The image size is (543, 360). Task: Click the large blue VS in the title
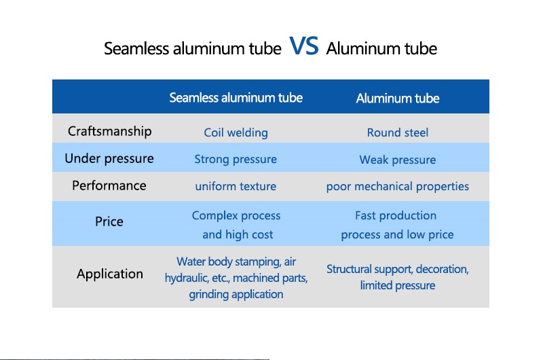[303, 46]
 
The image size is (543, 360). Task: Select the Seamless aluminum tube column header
[236, 98]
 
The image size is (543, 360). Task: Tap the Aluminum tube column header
[398, 98]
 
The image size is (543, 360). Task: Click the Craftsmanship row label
[109, 132]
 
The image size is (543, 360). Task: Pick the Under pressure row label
[109, 159]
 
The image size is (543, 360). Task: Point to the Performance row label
[109, 185]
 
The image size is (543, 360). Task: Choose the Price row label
[109, 221]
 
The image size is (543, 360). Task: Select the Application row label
[110, 274]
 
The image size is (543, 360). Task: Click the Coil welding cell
[236, 132]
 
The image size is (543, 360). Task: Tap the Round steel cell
[398, 132]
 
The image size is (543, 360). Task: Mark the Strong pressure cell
[236, 160]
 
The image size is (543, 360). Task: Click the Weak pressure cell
[398, 160]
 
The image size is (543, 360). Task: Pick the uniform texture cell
[236, 186]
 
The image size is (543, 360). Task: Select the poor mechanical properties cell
[398, 187]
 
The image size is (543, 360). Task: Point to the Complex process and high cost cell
[236, 225]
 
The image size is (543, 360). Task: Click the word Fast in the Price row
[365, 215]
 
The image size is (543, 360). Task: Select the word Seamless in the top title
[136, 48]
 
